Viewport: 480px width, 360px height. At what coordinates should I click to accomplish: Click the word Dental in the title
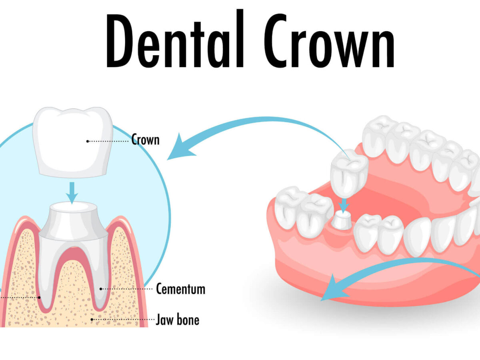click(x=175, y=38)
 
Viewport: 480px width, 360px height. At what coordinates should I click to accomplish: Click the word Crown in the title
click(x=329, y=40)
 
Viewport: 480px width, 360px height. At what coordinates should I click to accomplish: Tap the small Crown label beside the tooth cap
click(x=146, y=140)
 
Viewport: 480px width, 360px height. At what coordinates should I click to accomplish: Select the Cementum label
click(x=181, y=289)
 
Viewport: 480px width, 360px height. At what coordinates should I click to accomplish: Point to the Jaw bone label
click(x=177, y=320)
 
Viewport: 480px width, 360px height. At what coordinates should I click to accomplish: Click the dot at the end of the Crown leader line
click(x=88, y=142)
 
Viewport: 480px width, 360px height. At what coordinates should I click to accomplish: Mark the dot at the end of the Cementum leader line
click(x=101, y=289)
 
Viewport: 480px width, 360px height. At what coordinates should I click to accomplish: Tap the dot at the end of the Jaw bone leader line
click(x=92, y=320)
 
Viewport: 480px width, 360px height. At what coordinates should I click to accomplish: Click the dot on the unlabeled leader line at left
click(x=39, y=298)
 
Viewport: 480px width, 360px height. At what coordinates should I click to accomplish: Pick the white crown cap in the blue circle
click(x=73, y=142)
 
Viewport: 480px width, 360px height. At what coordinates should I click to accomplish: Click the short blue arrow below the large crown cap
click(x=72, y=193)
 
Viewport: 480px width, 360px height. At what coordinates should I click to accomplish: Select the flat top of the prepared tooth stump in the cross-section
click(x=74, y=207)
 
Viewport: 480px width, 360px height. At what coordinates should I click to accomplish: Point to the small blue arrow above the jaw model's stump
click(x=344, y=206)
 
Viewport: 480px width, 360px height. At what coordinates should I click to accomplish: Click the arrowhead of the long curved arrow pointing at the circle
click(x=180, y=148)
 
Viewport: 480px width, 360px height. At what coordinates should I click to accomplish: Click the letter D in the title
click(x=120, y=41)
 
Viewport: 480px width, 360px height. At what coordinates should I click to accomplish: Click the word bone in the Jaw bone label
click(x=188, y=320)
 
